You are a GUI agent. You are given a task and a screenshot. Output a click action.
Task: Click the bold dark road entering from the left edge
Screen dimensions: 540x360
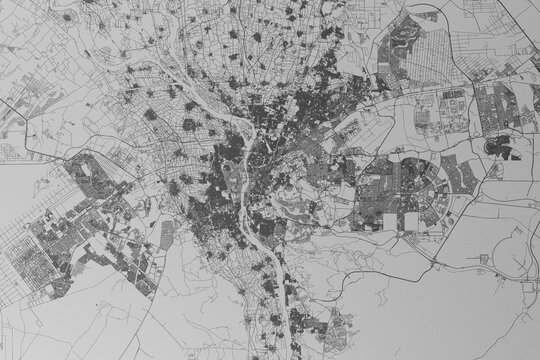click(20, 150)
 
